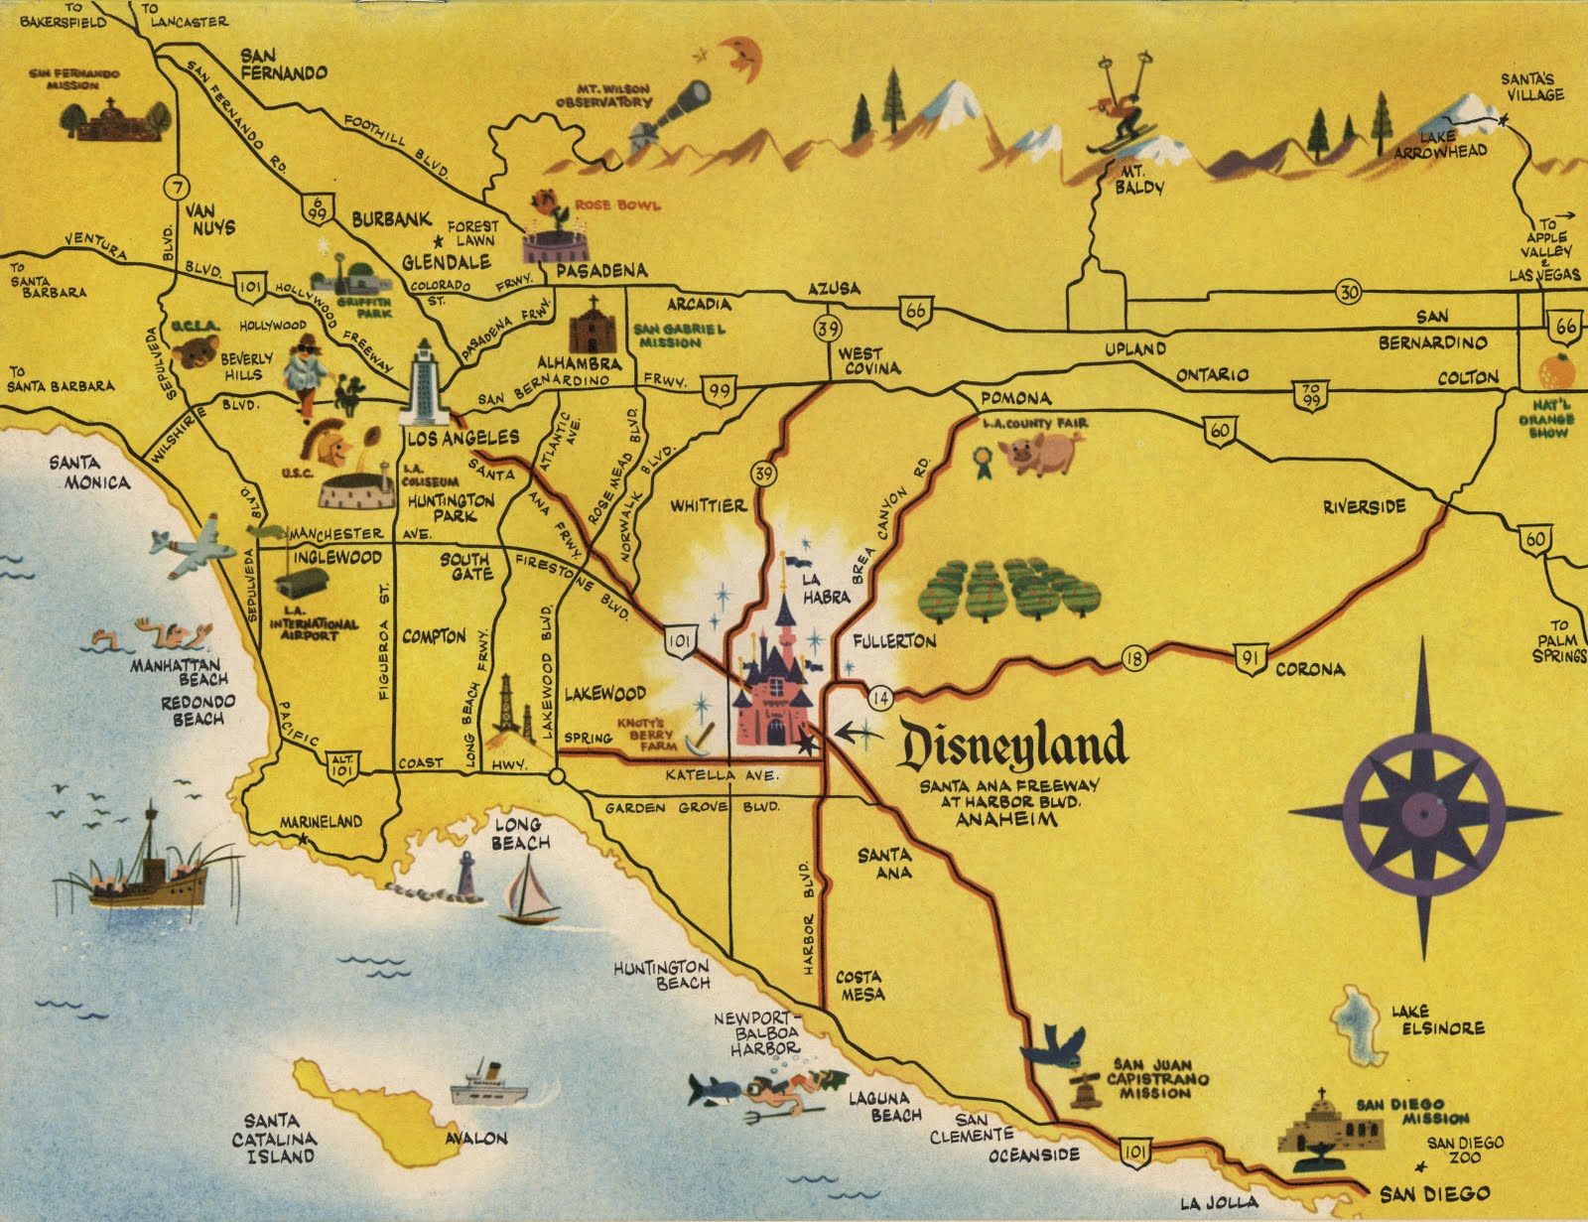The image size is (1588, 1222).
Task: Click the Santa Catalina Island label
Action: click(x=275, y=1138)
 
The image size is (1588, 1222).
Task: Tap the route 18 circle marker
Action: click(x=1134, y=656)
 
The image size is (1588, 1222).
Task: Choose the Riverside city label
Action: click(x=1364, y=507)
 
